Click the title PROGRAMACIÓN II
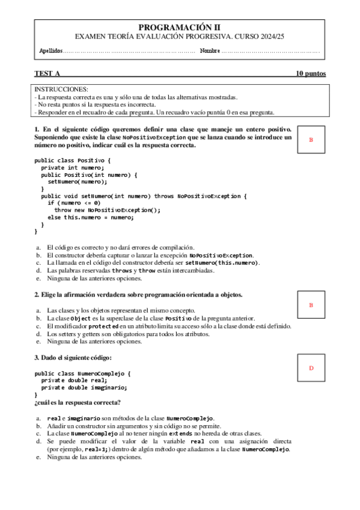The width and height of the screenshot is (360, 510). (x=180, y=27)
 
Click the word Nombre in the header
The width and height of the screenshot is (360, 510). (x=210, y=51)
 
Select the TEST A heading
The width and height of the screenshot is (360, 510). (x=47, y=74)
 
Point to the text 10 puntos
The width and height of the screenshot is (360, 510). (x=311, y=74)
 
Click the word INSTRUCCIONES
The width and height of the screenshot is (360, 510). (x=61, y=89)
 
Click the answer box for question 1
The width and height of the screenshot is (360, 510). (x=311, y=140)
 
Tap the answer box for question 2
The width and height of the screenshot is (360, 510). (x=311, y=305)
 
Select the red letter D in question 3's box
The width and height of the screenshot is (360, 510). (x=311, y=367)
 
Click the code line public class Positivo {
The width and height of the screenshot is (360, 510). (x=73, y=161)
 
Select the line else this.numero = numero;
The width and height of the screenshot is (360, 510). (x=90, y=217)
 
